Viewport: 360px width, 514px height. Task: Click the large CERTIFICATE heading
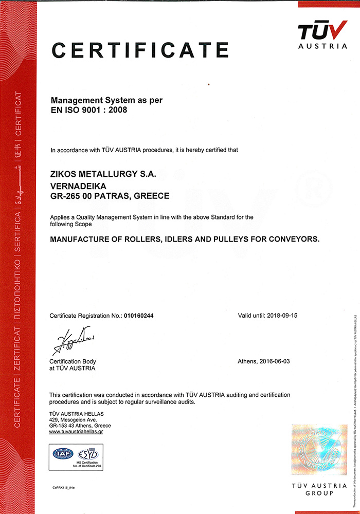tap(140, 50)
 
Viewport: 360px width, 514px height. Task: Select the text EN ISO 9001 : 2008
tap(88, 109)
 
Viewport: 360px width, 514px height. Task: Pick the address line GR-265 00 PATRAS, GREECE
tap(110, 196)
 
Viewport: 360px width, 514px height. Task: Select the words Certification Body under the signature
tap(73, 361)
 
